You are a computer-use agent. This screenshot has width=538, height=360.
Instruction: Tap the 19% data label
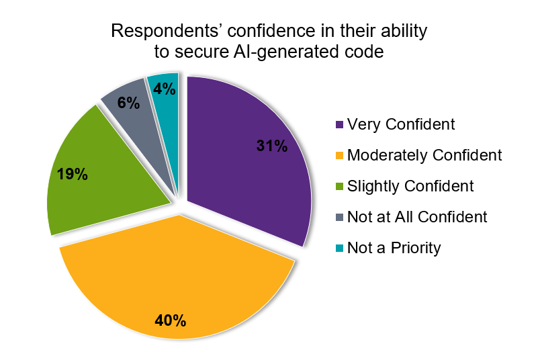[x=72, y=174]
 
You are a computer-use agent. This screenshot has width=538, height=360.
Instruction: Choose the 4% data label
[x=164, y=88]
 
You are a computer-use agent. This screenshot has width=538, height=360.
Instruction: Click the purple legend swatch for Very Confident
[x=340, y=125]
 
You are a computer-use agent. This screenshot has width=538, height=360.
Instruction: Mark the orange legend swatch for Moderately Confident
[x=340, y=156]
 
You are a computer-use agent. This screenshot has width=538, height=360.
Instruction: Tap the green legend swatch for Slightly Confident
[x=340, y=187]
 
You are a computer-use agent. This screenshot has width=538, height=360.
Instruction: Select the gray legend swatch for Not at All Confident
[x=340, y=218]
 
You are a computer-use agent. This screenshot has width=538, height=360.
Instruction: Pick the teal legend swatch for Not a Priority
[x=340, y=249]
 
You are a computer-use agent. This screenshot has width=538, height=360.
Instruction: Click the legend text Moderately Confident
[x=424, y=155]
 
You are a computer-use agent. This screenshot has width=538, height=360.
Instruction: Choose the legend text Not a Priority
[x=394, y=248]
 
